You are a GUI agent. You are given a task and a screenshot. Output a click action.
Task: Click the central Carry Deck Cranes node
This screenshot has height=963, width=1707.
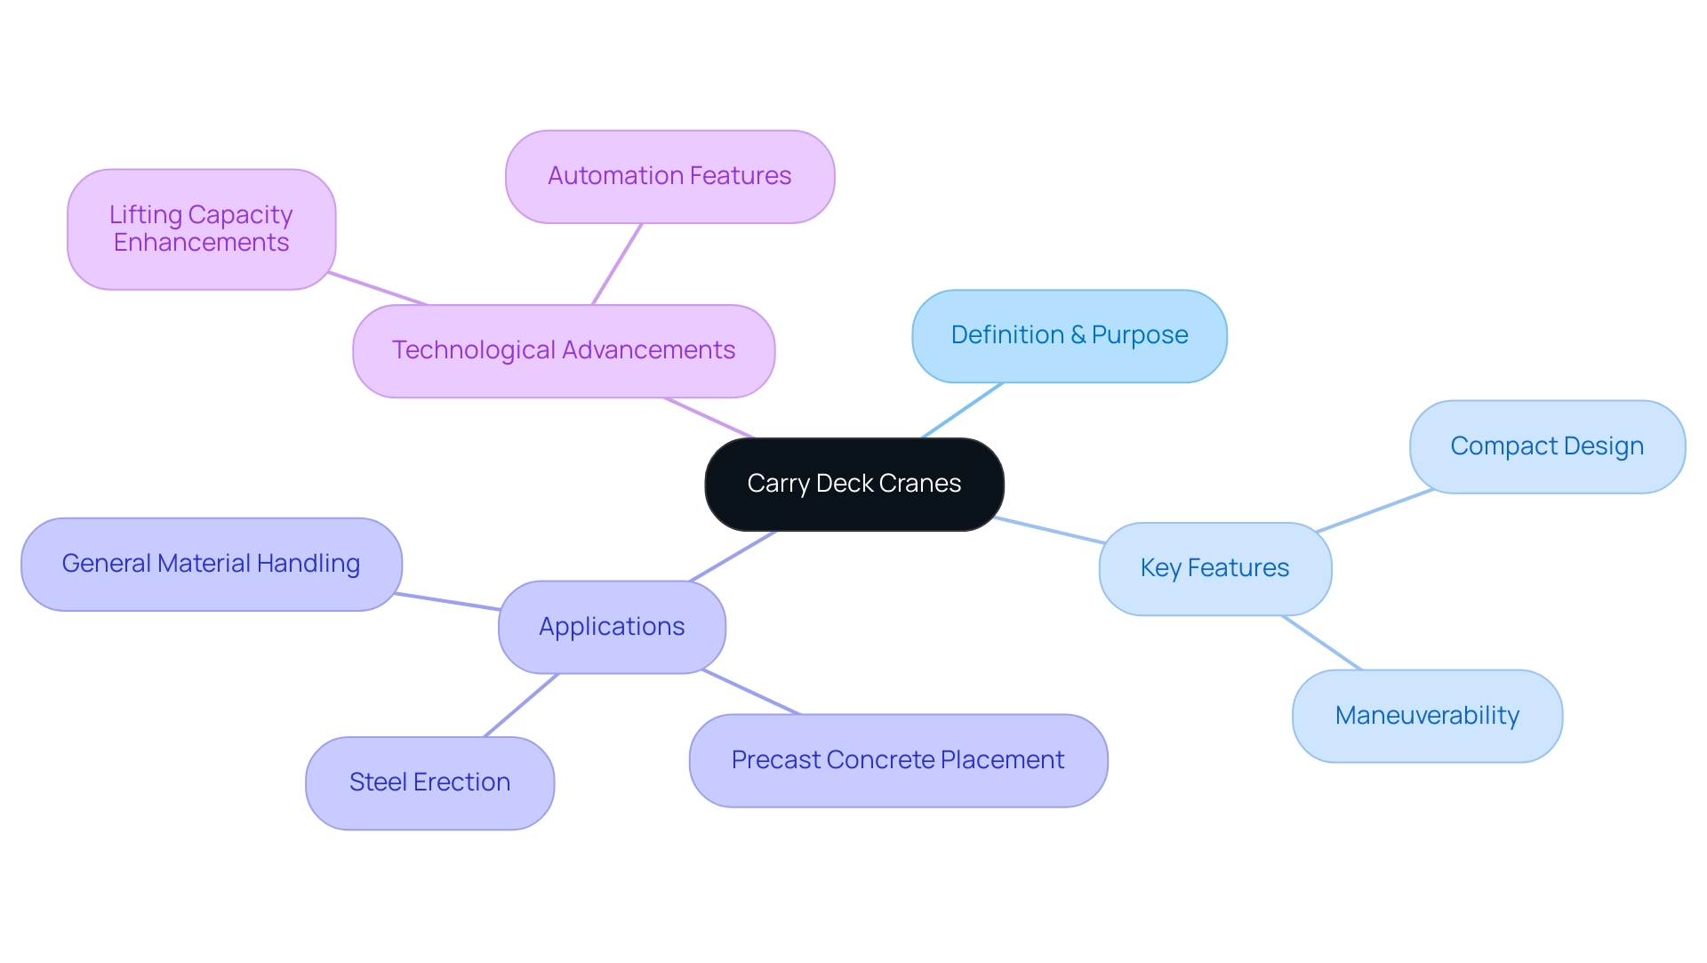(x=853, y=484)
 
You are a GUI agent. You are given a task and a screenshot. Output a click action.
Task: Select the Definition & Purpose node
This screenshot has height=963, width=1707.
(x=1069, y=335)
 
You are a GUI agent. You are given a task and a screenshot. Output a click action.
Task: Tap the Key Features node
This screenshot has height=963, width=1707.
(x=1214, y=568)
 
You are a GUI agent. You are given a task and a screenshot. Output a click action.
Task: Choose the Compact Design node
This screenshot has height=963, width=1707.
(x=1547, y=446)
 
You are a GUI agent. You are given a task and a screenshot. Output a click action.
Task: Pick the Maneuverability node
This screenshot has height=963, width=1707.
(x=1427, y=716)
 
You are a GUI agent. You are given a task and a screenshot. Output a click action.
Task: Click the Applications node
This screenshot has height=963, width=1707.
(x=612, y=627)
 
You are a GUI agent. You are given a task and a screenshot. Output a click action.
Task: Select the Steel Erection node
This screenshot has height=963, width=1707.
(x=429, y=782)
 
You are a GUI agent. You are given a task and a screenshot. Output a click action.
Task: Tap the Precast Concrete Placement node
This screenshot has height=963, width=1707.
(x=898, y=760)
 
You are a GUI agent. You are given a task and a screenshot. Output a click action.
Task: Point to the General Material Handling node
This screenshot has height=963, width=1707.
(x=211, y=564)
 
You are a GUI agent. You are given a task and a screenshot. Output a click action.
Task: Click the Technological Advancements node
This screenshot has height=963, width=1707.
(x=564, y=350)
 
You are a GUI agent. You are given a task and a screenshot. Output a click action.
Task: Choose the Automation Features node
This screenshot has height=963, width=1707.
(x=669, y=176)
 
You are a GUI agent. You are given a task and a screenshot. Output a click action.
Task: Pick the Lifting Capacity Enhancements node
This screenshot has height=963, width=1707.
(x=201, y=229)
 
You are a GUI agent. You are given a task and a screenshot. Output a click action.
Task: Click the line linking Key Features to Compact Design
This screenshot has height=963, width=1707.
(x=1374, y=510)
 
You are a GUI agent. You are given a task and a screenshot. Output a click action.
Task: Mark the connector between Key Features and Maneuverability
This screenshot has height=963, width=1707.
(x=1321, y=642)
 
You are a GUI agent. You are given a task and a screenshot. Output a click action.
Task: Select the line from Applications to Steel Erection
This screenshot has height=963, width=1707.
(x=521, y=705)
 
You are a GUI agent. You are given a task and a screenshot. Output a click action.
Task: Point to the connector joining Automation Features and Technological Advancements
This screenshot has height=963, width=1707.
(x=617, y=264)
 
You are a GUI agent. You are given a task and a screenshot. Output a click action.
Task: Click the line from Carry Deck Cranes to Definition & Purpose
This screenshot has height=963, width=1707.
(x=962, y=411)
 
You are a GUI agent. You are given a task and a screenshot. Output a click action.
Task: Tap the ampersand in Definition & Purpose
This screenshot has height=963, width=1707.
(x=1078, y=335)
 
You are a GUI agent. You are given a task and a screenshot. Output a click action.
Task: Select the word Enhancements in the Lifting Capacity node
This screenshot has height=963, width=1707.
(x=201, y=243)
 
